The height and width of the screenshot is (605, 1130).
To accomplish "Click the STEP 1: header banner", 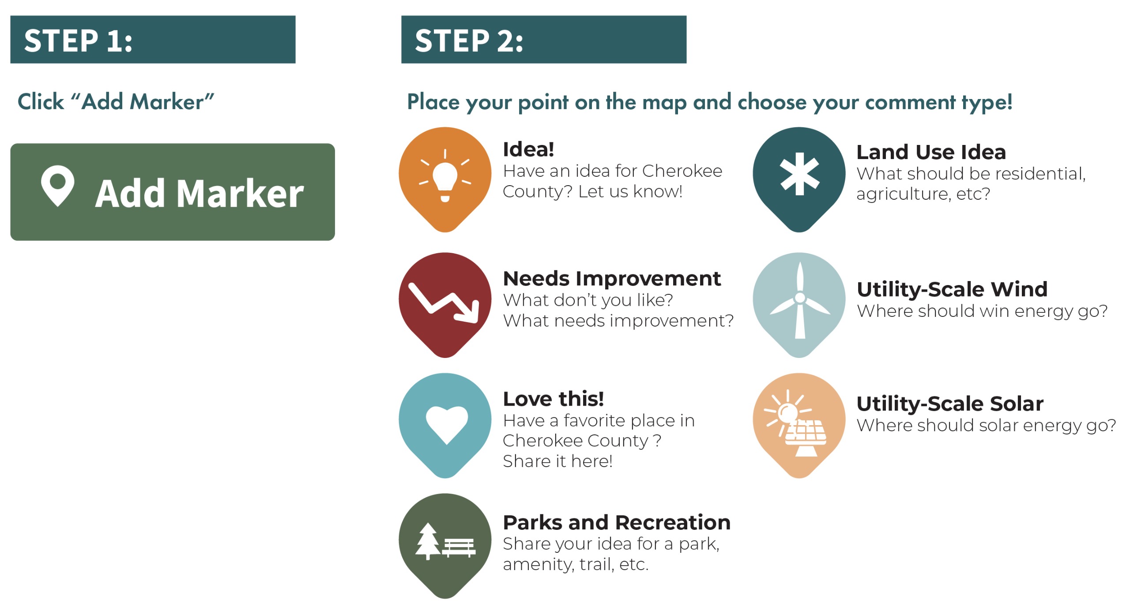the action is tap(153, 39).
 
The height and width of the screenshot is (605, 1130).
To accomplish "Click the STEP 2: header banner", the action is tap(544, 39).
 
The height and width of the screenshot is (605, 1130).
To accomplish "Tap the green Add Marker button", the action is tap(173, 192).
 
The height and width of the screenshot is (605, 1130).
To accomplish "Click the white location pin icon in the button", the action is tap(57, 186).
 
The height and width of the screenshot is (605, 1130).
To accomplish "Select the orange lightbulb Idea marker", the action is tap(445, 179).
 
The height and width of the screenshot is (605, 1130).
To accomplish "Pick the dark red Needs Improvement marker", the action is tap(445, 304).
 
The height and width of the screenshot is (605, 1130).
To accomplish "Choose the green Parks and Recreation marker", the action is tap(445, 546).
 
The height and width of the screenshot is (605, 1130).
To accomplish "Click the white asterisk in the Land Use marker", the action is tap(799, 174).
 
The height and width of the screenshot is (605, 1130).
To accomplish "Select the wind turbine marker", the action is tap(799, 304).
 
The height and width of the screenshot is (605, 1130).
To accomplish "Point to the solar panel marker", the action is tap(799, 425).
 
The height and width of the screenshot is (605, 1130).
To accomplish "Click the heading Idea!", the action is tap(528, 149).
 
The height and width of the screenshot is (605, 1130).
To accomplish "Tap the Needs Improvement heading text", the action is tap(612, 278).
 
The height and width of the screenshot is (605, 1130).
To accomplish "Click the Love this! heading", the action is tap(554, 399).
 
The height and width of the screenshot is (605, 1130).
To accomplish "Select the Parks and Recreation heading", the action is tap(617, 522).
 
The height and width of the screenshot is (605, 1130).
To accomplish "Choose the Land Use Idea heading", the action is tap(931, 152).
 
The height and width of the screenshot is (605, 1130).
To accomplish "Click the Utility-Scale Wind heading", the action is tap(952, 289).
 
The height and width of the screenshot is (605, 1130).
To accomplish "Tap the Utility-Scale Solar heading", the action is tap(950, 403).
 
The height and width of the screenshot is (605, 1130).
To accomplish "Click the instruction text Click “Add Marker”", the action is tap(116, 102).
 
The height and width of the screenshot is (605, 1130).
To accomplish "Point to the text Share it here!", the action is tap(557, 461).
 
